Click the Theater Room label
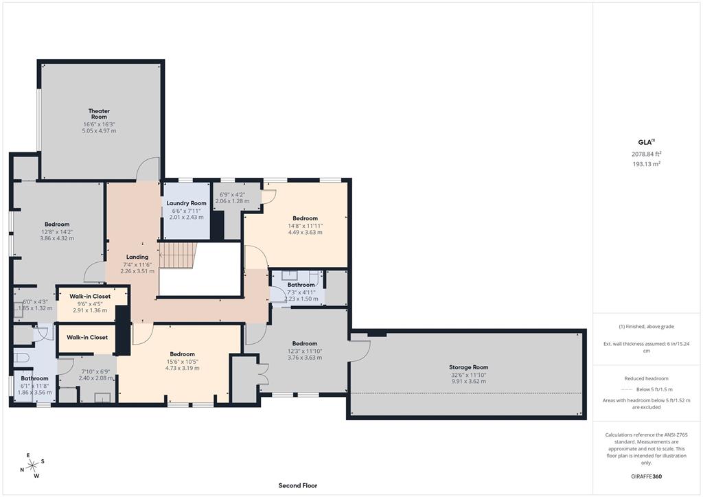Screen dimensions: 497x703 (99, 114)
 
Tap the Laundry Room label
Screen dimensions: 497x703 (187, 203)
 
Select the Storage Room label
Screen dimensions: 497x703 (470, 367)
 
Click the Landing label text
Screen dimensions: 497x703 (137, 257)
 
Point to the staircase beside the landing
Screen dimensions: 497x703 (177, 255)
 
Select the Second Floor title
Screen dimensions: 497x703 (298, 485)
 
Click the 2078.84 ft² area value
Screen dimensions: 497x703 (646, 154)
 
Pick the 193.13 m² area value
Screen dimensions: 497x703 (646, 164)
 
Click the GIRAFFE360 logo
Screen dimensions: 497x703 (646, 476)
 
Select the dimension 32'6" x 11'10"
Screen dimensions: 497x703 (470, 375)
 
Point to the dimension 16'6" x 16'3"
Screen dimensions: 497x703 (99, 124)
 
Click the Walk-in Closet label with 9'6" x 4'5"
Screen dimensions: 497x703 (89, 297)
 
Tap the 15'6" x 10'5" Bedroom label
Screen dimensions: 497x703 (183, 354)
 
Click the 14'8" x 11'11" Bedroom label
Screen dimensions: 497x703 (305, 218)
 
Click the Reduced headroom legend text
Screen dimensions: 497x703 (646, 378)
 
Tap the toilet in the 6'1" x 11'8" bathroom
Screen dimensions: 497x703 (22, 358)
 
